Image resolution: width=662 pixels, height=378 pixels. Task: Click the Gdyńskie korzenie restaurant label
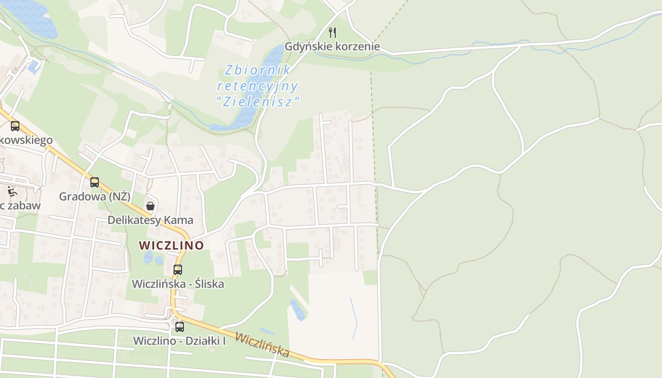point(332,47)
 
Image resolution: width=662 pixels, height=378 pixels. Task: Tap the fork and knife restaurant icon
point(332,32)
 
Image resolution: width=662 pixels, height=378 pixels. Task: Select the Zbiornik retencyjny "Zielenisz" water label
point(258,86)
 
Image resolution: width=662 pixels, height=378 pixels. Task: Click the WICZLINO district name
point(171,245)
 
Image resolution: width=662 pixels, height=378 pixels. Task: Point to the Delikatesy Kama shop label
point(150,220)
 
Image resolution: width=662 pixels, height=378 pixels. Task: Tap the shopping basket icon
point(150,206)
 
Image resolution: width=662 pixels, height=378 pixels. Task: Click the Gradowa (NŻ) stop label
point(95,196)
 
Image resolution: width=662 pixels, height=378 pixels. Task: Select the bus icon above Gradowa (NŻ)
point(95,182)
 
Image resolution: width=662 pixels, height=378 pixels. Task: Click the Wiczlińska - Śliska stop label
point(178,283)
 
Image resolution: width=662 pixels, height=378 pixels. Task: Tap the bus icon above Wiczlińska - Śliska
point(177,270)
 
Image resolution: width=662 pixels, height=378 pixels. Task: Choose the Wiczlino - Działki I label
point(179,340)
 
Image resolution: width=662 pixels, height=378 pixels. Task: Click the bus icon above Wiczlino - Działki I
point(180,326)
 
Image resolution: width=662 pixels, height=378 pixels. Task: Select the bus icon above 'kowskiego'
point(15,126)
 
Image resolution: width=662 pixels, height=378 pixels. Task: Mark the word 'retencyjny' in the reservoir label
point(258,86)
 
